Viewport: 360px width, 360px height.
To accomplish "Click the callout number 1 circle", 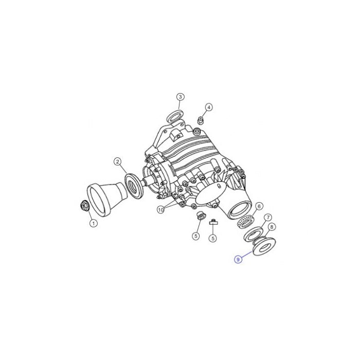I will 94,223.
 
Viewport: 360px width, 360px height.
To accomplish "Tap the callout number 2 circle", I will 117,162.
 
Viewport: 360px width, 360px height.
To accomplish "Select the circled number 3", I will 180,97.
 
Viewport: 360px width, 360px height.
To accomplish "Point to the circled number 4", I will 208,107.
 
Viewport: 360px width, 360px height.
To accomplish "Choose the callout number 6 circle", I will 259,206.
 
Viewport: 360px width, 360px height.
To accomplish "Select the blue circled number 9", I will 238,259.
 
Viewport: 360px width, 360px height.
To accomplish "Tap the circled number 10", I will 161,209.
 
